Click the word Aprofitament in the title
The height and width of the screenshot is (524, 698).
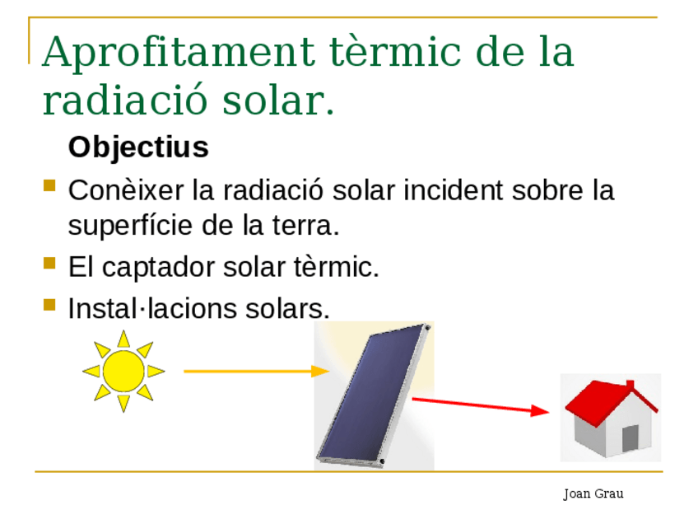(179, 53)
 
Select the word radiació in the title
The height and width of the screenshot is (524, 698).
(125, 99)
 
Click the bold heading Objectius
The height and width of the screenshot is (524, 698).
(138, 147)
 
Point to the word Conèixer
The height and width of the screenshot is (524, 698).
(126, 190)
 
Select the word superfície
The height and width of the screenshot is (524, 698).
(130, 226)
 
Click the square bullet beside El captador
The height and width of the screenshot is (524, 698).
(49, 264)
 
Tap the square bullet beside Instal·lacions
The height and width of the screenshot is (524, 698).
(49, 305)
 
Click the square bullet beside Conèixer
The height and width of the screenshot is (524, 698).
(49, 185)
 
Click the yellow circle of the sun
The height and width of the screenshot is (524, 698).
(123, 371)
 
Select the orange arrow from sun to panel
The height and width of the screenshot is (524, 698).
(257, 371)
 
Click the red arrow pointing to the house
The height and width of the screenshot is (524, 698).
(481, 405)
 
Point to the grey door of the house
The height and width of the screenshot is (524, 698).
(630, 438)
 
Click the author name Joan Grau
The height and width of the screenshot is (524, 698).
(593, 494)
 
